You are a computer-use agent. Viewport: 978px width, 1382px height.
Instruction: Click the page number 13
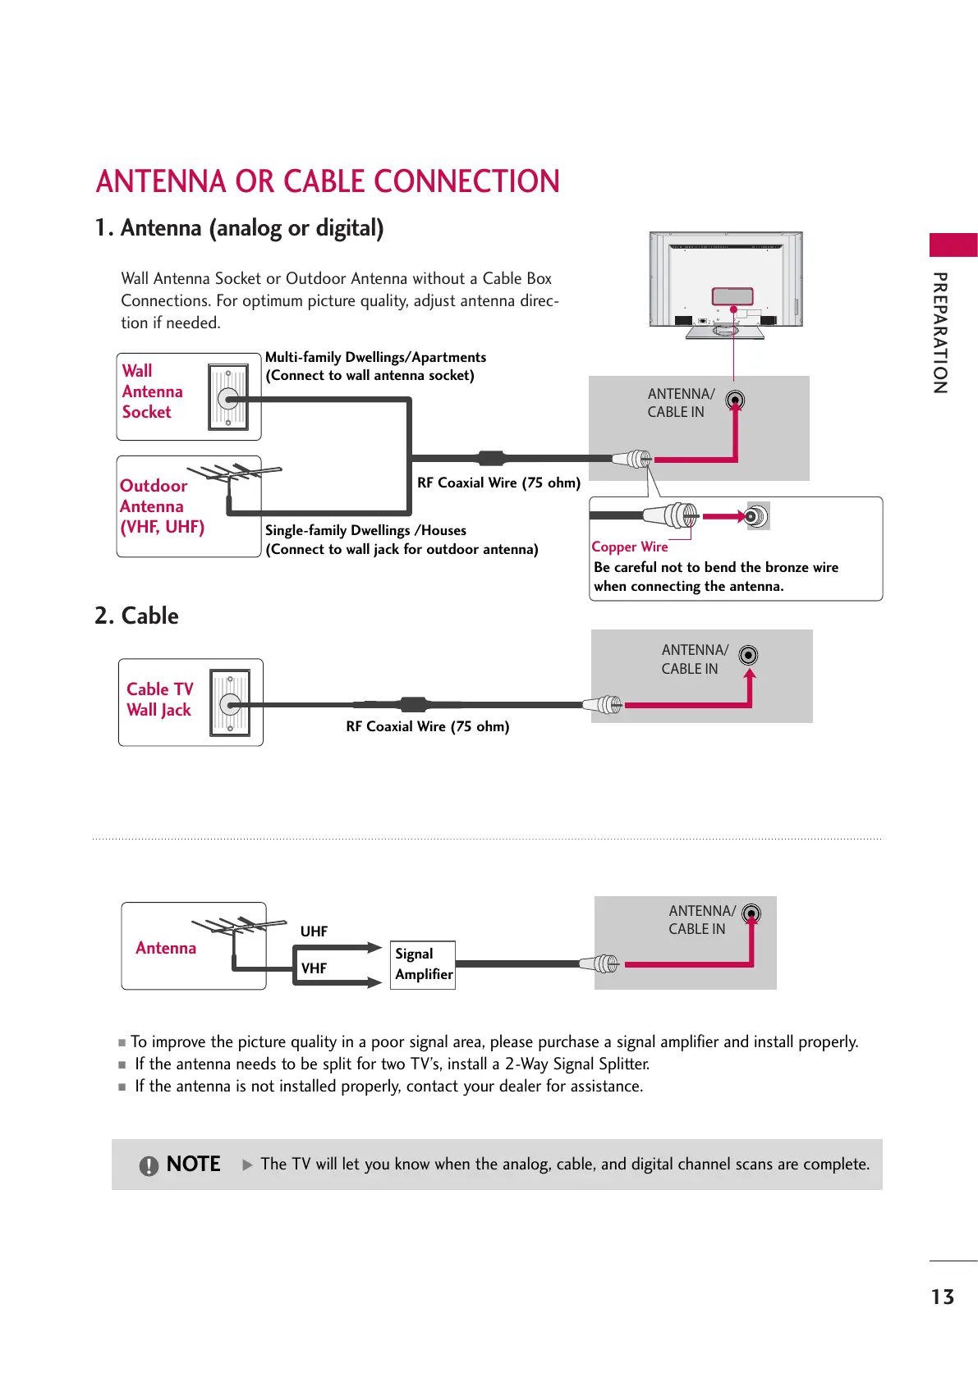pyautogui.click(x=942, y=1297)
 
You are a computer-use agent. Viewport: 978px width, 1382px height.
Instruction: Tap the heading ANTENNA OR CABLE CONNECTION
pyautogui.click(x=328, y=181)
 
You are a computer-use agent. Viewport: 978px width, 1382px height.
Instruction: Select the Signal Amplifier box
pyautogui.click(x=423, y=964)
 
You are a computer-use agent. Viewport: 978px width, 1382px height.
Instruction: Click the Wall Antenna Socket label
pyautogui.click(x=152, y=391)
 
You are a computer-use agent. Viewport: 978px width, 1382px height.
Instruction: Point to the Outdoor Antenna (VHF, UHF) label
pyautogui.click(x=161, y=506)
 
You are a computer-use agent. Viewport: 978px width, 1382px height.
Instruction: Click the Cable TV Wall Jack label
pyautogui.click(x=159, y=699)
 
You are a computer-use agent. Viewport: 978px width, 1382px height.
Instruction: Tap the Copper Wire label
pyautogui.click(x=629, y=547)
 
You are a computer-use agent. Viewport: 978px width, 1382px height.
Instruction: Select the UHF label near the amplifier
pyautogui.click(x=314, y=931)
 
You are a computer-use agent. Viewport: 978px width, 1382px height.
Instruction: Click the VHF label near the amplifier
pyautogui.click(x=314, y=968)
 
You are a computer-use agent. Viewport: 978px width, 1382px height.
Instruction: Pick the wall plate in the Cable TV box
pyautogui.click(x=230, y=703)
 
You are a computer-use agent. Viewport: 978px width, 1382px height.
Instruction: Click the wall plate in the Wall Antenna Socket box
pyautogui.click(x=228, y=398)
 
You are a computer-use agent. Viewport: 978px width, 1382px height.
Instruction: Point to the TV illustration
pyautogui.click(x=726, y=283)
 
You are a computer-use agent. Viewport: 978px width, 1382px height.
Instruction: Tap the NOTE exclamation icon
pyautogui.click(x=149, y=1165)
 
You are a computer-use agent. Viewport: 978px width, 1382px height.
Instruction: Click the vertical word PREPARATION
pyautogui.click(x=941, y=332)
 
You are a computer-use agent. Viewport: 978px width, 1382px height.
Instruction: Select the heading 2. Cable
pyautogui.click(x=136, y=615)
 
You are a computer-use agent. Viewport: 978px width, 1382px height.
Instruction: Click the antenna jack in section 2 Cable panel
pyautogui.click(x=748, y=655)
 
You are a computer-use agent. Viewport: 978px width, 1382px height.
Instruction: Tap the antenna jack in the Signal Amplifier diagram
pyautogui.click(x=751, y=913)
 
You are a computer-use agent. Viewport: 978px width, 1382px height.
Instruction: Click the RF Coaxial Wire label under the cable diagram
pyautogui.click(x=427, y=726)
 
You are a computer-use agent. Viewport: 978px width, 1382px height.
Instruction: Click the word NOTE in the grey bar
pyautogui.click(x=193, y=1165)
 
